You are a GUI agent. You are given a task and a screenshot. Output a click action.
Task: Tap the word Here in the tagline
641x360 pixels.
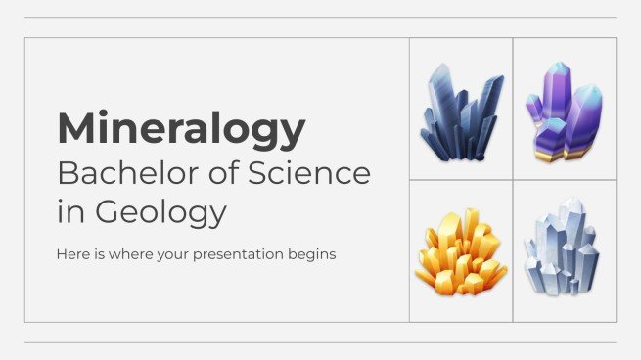(x=73, y=254)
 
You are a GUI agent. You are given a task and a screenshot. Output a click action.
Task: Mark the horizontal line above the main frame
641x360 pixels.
(x=320, y=17)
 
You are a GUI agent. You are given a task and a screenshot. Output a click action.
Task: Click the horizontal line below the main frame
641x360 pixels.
(x=320, y=342)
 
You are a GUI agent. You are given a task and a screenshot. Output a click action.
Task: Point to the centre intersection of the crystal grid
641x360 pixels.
(x=513, y=180)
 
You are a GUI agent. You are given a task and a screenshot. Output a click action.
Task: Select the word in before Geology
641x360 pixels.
(x=68, y=211)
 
